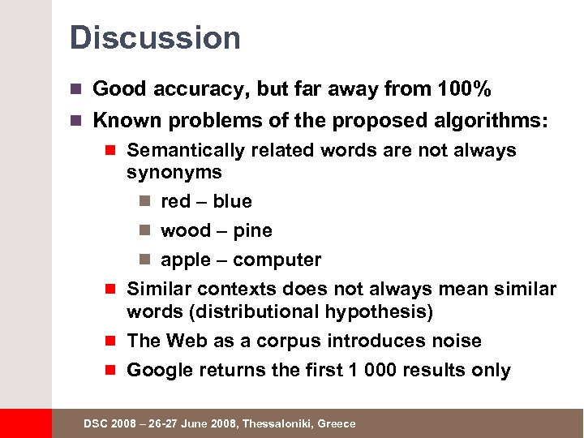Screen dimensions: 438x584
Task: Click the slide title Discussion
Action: (155, 38)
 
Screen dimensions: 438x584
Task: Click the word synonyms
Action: (174, 172)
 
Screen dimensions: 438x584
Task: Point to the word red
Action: (176, 201)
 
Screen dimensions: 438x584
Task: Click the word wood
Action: (186, 230)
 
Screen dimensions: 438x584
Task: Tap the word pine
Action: (252, 230)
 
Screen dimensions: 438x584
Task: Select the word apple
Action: (186, 260)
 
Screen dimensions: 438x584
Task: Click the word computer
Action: (277, 260)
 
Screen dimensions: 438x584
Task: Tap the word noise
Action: (457, 341)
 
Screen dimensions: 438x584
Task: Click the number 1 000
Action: (360, 371)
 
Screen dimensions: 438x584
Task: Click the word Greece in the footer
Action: (336, 424)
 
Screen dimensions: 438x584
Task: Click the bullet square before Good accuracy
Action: (78, 88)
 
